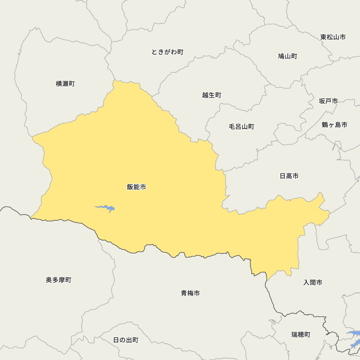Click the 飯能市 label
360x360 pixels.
click(x=136, y=187)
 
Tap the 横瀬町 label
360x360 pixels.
click(x=65, y=84)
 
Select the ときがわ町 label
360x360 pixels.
click(x=167, y=52)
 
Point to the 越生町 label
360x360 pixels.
click(x=212, y=95)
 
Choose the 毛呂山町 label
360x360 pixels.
click(x=242, y=127)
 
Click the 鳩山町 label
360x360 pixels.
click(x=288, y=57)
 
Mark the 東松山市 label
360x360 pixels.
click(x=333, y=37)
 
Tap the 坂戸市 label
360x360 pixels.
click(x=328, y=101)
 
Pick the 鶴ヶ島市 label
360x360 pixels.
click(x=334, y=125)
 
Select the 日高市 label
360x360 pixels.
click(x=289, y=176)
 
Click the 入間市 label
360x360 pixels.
click(x=313, y=283)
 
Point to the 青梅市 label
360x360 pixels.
click(x=190, y=293)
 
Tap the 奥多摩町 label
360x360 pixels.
click(x=59, y=280)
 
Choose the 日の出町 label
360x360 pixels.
click(x=126, y=340)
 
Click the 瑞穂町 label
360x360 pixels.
click(x=301, y=335)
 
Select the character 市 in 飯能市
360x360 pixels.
click(x=143, y=187)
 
